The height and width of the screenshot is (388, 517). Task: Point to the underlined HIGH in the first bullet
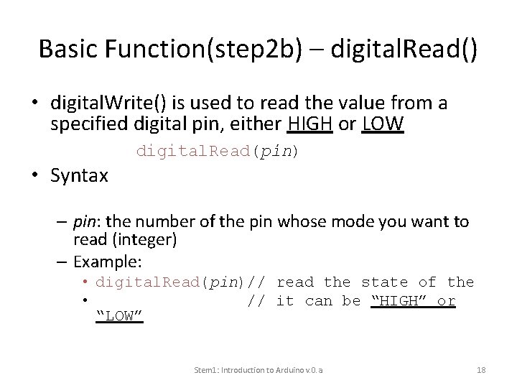click(x=309, y=125)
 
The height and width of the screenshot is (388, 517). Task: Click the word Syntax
click(x=80, y=175)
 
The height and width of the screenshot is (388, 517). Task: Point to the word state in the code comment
click(x=385, y=282)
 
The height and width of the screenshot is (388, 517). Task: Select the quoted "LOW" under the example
click(x=120, y=316)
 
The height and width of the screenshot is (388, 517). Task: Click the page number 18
click(x=481, y=370)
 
